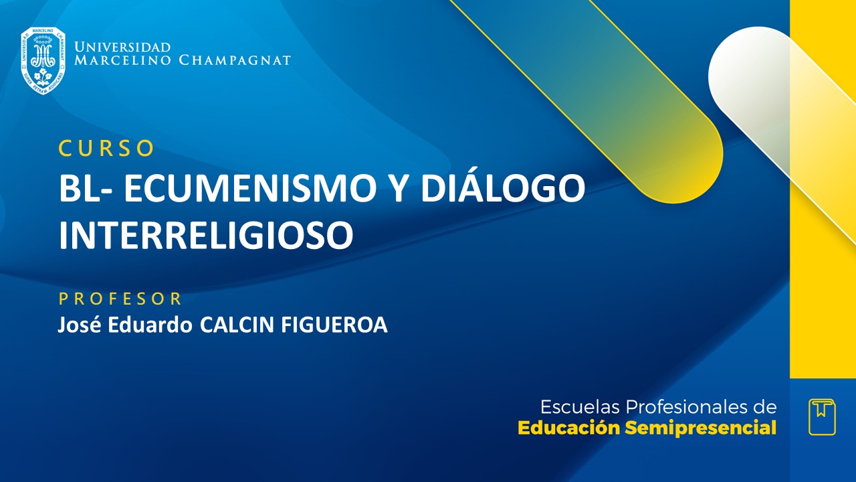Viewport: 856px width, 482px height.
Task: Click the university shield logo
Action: tap(43, 60)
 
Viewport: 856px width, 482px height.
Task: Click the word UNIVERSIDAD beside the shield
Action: tap(122, 48)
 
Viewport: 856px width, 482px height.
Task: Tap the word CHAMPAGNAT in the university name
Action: tap(235, 60)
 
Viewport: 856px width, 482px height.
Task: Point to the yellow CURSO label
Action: tap(106, 149)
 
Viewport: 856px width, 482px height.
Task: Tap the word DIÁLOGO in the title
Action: tap(502, 189)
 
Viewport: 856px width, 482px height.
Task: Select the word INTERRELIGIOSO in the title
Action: tap(205, 234)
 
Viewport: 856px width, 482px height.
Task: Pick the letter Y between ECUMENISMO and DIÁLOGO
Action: tap(399, 189)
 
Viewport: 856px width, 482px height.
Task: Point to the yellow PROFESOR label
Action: tap(120, 299)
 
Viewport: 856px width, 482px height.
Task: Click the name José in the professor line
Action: tap(76, 325)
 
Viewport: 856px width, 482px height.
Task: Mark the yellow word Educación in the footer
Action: tap(569, 428)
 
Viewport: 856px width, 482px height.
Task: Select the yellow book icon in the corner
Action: tap(822, 417)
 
